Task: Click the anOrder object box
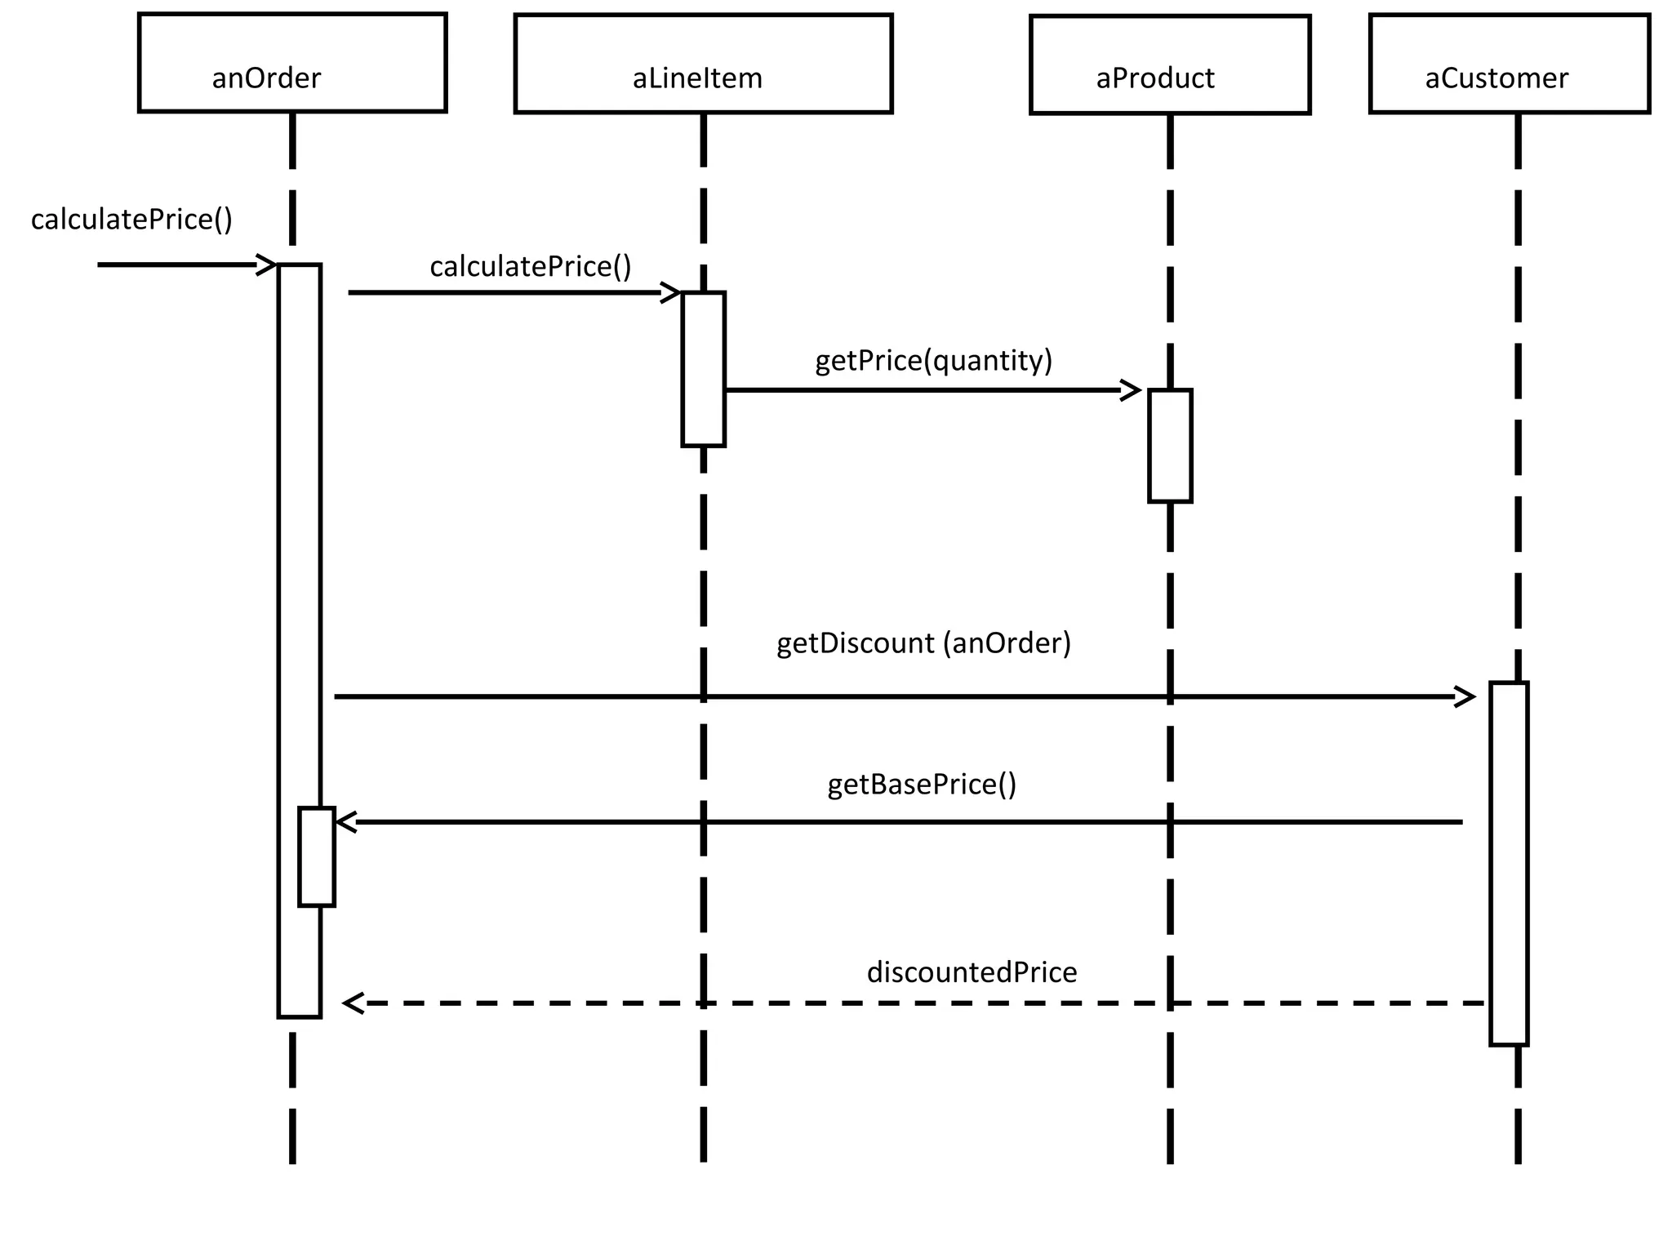(292, 63)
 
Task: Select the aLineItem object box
(703, 64)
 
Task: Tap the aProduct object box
(1169, 64)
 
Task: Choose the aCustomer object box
(1509, 64)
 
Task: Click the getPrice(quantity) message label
(933, 361)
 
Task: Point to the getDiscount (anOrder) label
(923, 643)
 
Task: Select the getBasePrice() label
(922, 785)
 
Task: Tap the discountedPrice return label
(972, 972)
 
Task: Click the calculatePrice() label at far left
(131, 220)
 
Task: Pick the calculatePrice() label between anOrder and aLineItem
(531, 267)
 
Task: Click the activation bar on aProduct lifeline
(1170, 446)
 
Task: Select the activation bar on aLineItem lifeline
(703, 369)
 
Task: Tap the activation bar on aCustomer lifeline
(1508, 863)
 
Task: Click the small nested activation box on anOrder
(317, 856)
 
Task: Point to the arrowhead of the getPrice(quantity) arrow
(1132, 390)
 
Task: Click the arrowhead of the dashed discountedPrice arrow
(352, 1003)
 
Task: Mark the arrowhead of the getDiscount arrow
(1466, 697)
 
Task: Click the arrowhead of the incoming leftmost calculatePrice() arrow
(267, 265)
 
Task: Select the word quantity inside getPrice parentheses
(987, 361)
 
